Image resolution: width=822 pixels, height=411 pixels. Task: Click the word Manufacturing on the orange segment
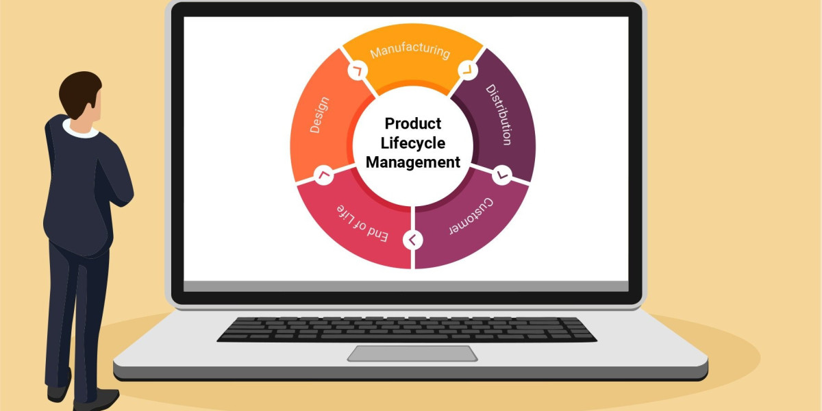click(x=410, y=51)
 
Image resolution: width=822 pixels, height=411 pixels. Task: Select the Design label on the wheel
click(x=320, y=115)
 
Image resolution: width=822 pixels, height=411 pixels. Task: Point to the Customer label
click(x=472, y=216)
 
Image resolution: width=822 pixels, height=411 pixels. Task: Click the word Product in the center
click(x=412, y=124)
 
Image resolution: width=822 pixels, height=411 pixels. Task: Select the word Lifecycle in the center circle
click(x=412, y=143)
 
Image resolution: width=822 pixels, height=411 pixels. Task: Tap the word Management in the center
click(x=412, y=162)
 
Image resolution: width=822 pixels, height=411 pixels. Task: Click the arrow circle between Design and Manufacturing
click(x=358, y=70)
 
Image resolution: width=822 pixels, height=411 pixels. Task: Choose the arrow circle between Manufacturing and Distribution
click(x=467, y=69)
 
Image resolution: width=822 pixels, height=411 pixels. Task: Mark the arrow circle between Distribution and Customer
click(x=501, y=175)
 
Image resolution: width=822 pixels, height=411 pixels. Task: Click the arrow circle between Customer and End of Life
click(x=413, y=240)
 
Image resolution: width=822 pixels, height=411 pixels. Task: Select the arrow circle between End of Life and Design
click(x=324, y=175)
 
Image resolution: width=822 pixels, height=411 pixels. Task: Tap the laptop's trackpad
click(x=412, y=353)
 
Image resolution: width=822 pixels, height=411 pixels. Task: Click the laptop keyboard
click(x=407, y=329)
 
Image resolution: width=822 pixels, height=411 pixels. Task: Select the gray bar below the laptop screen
click(x=406, y=286)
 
